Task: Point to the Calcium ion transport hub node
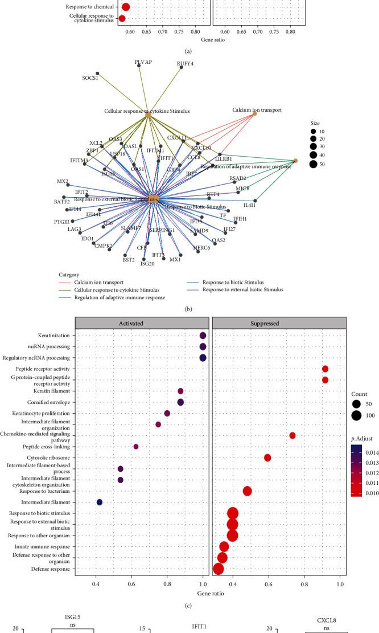click(x=254, y=113)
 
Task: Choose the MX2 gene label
click(x=63, y=182)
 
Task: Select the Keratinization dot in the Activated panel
click(x=203, y=336)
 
